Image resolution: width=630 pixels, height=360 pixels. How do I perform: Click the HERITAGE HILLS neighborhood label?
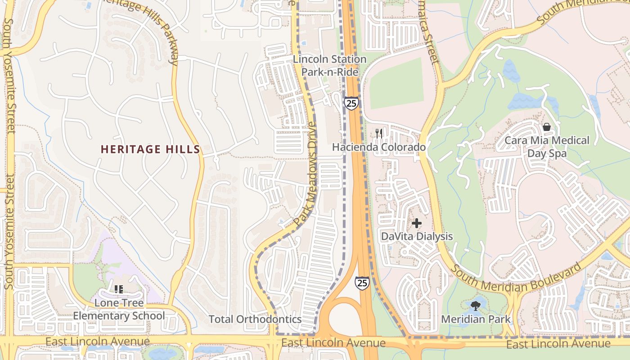150,149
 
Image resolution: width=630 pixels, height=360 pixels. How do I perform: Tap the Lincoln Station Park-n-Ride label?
330,66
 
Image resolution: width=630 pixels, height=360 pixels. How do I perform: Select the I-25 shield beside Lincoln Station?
351,103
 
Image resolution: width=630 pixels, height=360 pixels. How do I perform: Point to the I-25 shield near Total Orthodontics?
362,283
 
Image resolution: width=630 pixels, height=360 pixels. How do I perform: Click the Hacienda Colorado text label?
378,147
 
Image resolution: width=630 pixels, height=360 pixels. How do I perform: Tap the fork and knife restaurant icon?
379,133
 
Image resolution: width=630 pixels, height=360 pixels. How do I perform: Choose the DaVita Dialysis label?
417,236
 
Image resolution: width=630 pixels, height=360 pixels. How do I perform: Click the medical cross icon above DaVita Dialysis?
417,223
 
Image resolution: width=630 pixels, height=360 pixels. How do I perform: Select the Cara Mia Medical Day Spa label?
547,147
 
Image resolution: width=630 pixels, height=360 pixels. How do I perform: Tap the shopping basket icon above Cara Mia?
547,127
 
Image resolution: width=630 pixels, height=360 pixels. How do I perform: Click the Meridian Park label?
476,319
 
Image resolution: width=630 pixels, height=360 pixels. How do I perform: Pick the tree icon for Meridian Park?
476,306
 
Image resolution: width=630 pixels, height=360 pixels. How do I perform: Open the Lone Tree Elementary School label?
119,309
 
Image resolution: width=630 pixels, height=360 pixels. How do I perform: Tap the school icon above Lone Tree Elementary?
119,289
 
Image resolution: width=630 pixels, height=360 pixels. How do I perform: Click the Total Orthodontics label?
255,319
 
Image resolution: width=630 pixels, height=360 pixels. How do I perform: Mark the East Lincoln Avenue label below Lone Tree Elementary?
98,342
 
